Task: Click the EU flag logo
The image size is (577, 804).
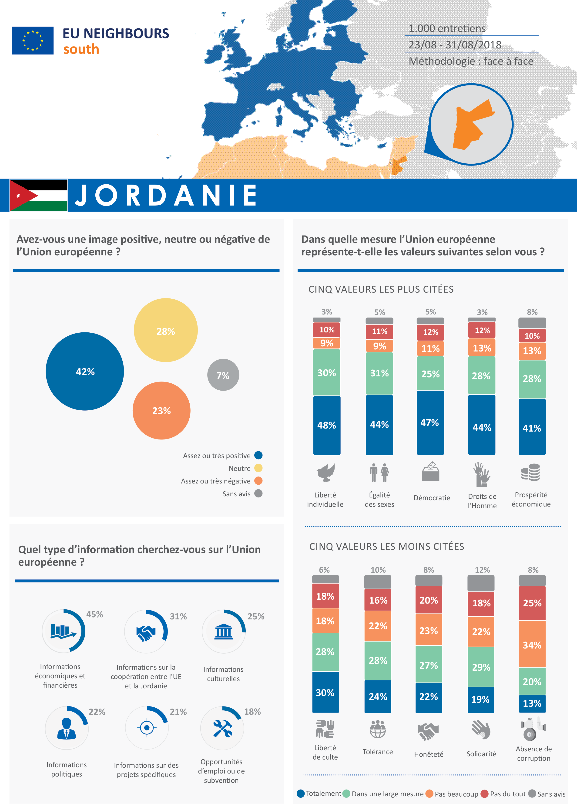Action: [33, 41]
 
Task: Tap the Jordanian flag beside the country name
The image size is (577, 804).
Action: [39, 195]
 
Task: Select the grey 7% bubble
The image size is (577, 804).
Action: [223, 375]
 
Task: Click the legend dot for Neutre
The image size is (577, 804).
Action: [258, 468]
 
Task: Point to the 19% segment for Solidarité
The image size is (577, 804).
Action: [481, 699]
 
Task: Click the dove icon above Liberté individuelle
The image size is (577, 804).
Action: [325, 473]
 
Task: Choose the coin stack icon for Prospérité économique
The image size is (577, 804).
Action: [530, 473]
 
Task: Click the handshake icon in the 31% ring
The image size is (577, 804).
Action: [146, 633]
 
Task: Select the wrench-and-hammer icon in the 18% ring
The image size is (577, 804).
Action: [222, 729]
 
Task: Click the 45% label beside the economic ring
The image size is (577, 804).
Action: [95, 614]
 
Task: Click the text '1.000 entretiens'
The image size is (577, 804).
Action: [447, 28]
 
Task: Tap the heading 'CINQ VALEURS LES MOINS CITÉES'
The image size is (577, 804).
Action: [387, 547]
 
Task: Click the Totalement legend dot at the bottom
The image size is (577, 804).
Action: [301, 794]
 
